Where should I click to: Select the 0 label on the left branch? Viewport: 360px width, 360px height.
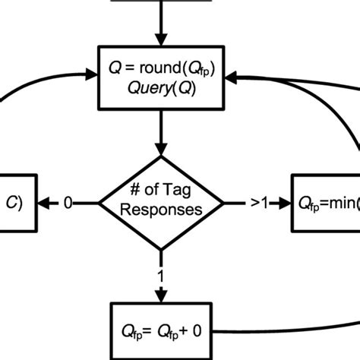coord(68,204)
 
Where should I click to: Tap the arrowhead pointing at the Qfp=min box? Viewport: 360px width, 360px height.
coord(285,204)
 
